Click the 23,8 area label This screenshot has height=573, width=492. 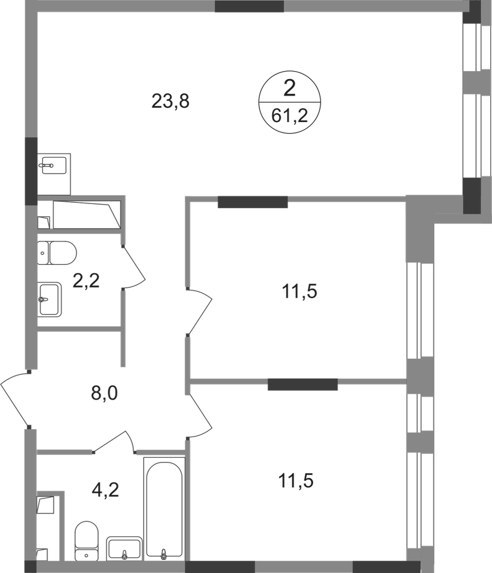[x=169, y=102]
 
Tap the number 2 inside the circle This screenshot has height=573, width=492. [x=290, y=89]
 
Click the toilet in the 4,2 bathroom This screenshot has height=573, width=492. [x=87, y=539]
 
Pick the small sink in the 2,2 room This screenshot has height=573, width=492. [x=50, y=298]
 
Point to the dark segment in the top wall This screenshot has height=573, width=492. [x=249, y=7]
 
